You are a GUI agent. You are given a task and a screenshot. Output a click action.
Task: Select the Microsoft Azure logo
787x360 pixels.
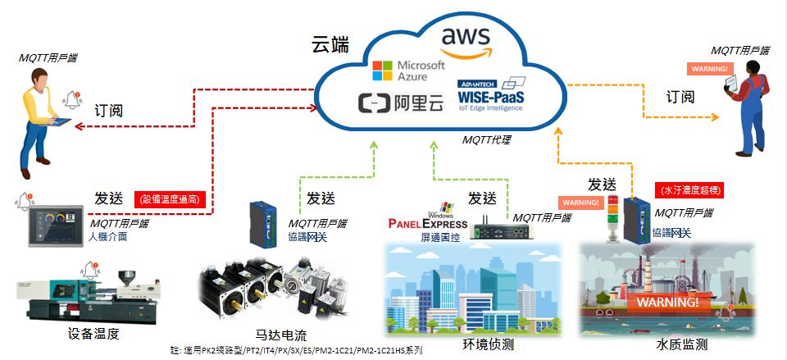(408, 71)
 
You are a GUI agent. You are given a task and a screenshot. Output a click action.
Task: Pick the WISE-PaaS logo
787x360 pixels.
(491, 97)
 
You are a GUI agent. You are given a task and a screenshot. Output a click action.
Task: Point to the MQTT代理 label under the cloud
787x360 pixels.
(486, 140)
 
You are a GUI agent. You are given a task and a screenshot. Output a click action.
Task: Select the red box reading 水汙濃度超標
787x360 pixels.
(691, 190)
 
